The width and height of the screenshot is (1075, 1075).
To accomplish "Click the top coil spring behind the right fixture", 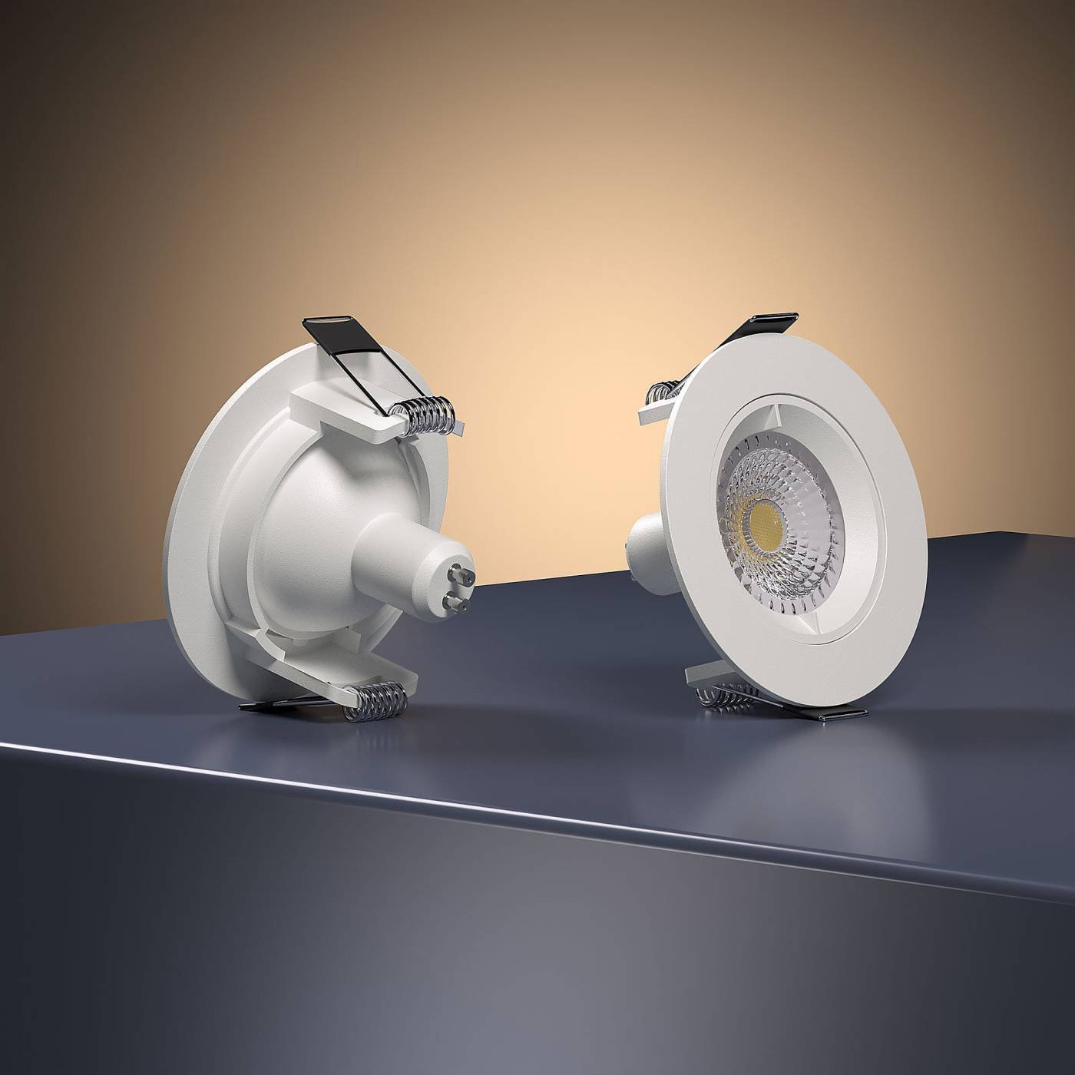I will (x=660, y=394).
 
